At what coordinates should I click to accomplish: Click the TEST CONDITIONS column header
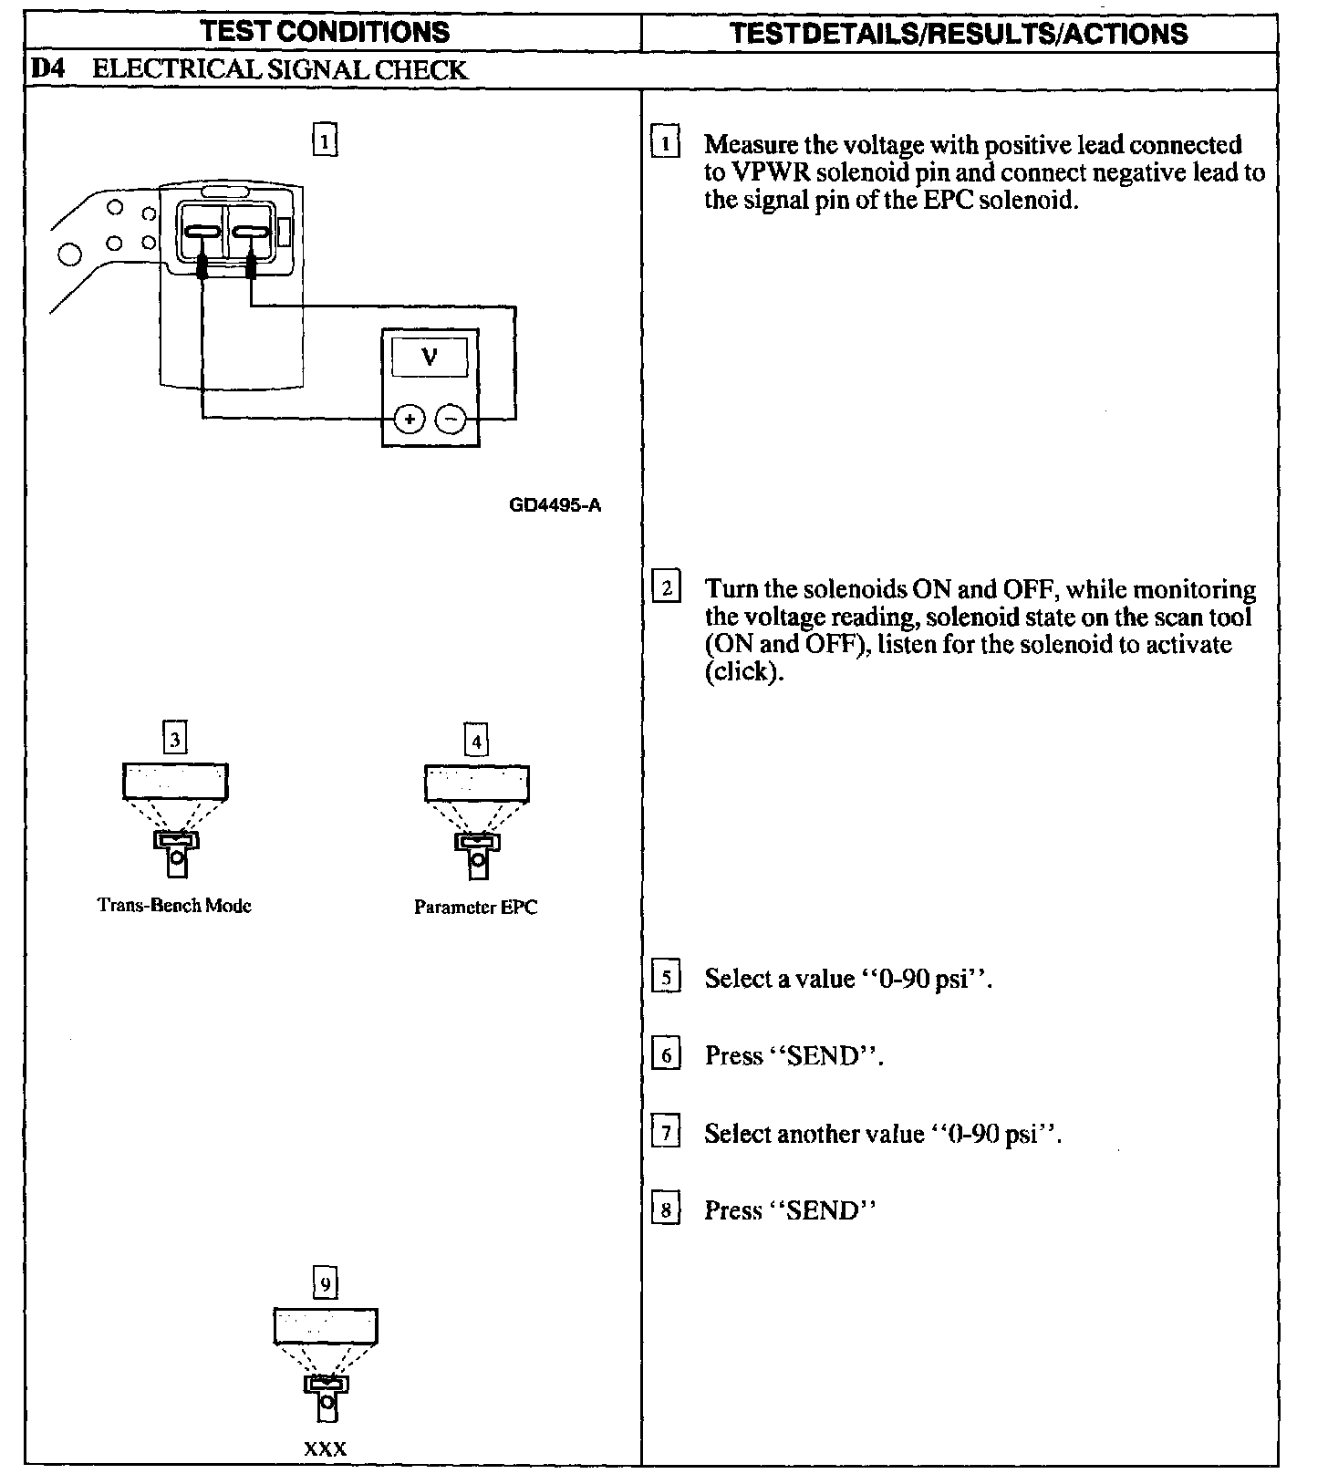[x=327, y=32]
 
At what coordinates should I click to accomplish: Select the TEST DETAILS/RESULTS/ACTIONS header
[x=960, y=34]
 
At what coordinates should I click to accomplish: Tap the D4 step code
[x=47, y=70]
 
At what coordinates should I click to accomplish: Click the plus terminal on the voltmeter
[x=410, y=420]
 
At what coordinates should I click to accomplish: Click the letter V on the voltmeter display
[x=430, y=357]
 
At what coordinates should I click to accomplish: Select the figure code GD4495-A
[x=555, y=504]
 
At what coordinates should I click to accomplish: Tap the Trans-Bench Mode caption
[x=174, y=905]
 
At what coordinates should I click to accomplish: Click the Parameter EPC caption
[x=475, y=907]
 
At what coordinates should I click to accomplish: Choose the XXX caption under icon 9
[x=326, y=1448]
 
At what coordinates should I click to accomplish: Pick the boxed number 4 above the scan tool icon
[x=476, y=740]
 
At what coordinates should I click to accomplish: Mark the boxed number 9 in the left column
[x=325, y=1283]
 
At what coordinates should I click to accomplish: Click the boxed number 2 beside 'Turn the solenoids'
[x=667, y=587]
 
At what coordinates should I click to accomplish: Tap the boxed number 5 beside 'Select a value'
[x=667, y=979]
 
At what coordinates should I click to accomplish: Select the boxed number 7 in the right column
[x=667, y=1134]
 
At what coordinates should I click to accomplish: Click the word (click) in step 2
[x=744, y=673]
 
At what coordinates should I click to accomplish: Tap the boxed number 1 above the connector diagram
[x=325, y=141]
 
